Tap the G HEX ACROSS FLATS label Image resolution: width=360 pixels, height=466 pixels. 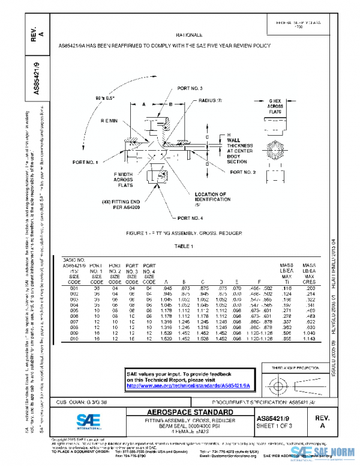click(275, 106)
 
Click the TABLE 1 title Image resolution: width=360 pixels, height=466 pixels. click(183, 246)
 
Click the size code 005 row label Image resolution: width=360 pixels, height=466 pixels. click(74, 311)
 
